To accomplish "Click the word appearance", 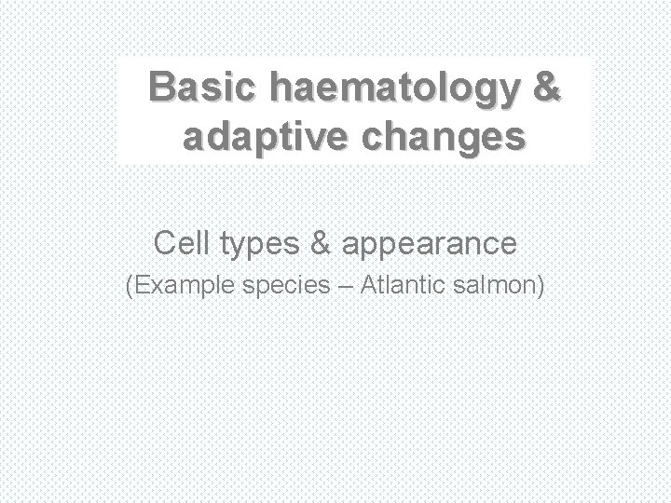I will coord(430,246).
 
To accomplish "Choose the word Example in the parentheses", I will coord(180,287).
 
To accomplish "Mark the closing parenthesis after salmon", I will coord(541,287).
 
